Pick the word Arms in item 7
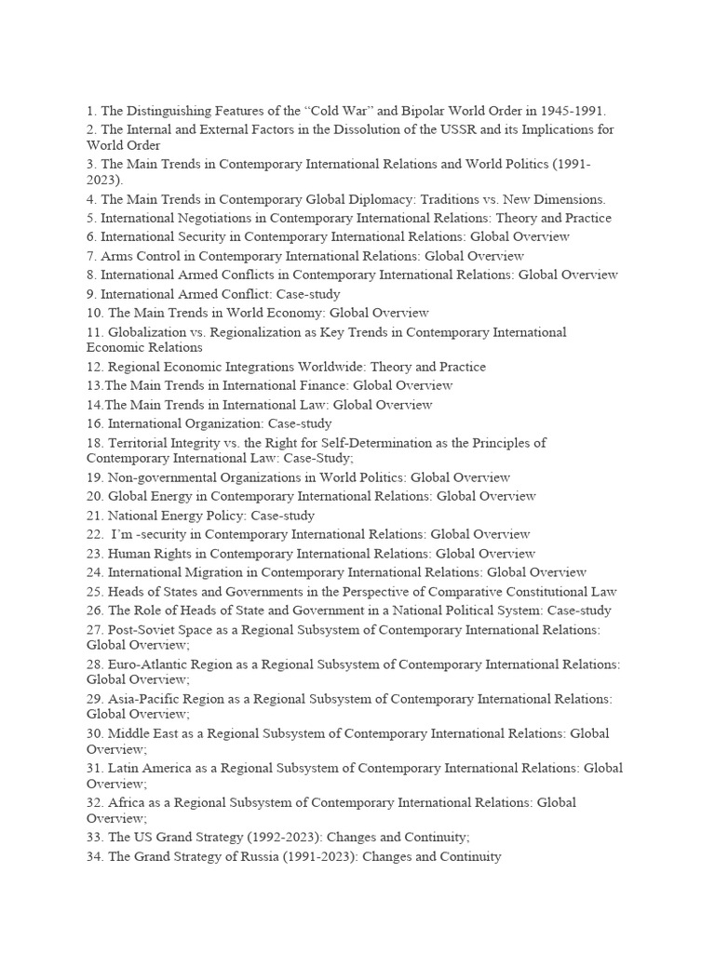pyautogui.click(x=116, y=254)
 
